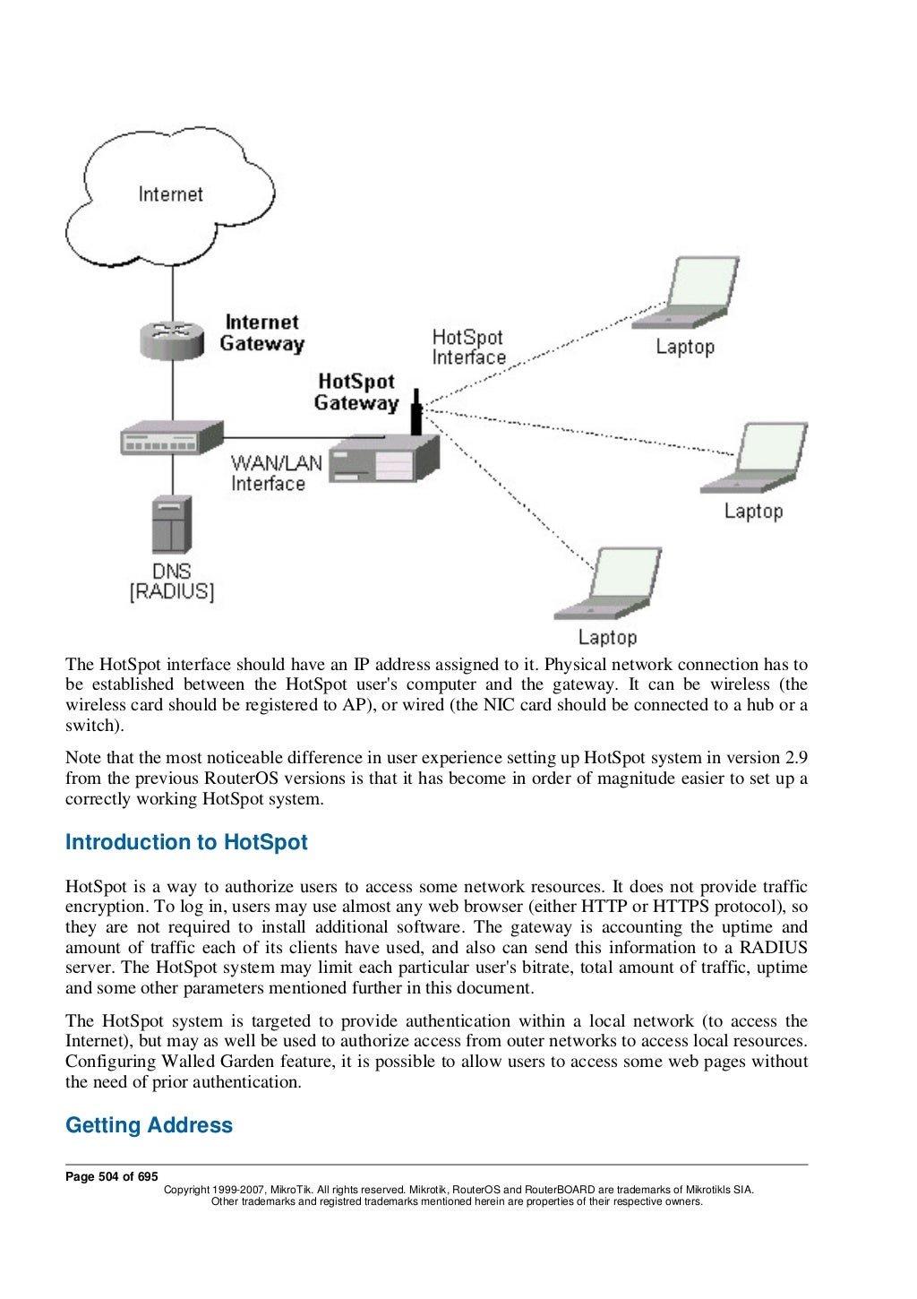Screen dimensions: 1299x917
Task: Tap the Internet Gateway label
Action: coord(261,332)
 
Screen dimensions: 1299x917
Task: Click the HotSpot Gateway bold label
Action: coord(356,392)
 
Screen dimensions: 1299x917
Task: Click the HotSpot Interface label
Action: coord(468,348)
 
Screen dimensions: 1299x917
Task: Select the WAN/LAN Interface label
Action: coord(276,473)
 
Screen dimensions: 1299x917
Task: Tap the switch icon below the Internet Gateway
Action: coord(171,438)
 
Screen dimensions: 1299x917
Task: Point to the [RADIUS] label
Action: coord(172,592)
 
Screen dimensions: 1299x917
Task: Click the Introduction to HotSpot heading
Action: coord(186,842)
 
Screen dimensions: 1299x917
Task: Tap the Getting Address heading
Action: coord(149,1125)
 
